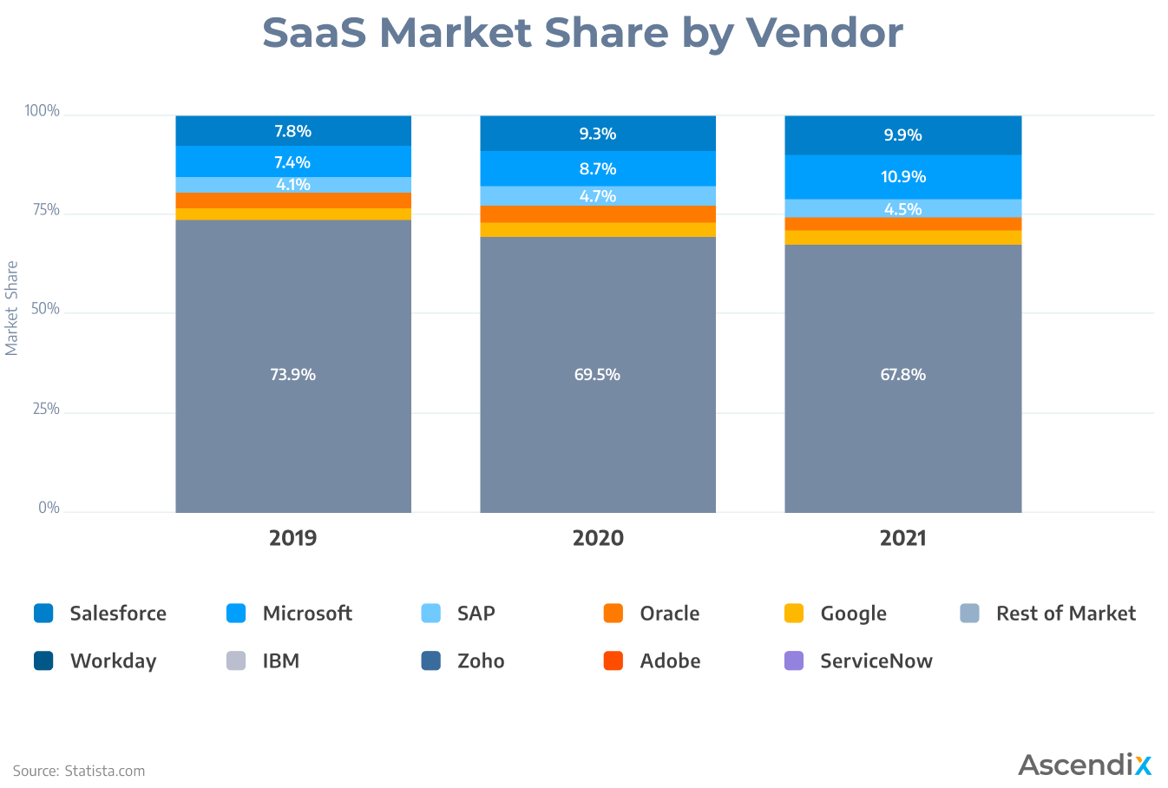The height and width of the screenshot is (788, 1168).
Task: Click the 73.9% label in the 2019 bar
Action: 292,375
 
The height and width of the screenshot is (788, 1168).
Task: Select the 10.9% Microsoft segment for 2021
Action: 902,177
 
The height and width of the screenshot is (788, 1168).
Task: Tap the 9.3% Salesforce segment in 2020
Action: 597,134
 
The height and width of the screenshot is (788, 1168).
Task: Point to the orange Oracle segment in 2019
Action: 292,200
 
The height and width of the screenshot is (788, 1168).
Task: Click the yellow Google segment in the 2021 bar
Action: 902,238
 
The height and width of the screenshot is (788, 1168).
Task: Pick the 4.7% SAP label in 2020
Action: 597,196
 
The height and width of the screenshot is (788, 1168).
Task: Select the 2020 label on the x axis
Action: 597,538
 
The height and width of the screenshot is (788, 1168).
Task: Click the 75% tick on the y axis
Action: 46,210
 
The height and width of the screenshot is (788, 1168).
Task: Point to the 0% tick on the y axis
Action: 49,508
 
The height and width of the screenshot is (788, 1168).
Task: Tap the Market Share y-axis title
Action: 12,308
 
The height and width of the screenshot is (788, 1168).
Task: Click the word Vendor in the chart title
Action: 824,33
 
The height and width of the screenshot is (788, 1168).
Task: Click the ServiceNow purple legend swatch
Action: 793,661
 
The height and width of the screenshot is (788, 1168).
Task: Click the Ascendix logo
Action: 1084,765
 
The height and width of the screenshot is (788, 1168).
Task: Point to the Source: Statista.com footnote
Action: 79,771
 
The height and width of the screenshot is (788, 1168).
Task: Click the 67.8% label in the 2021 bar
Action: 902,375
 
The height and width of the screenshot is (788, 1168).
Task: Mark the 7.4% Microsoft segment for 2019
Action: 292,162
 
